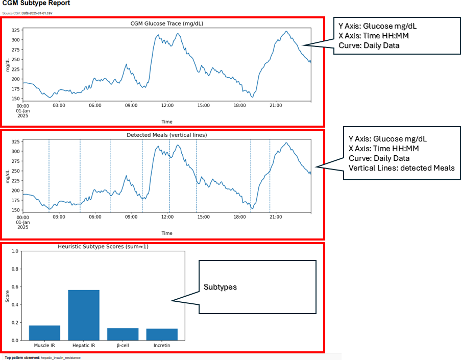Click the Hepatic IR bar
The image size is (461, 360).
(84, 315)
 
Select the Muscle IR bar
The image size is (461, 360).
(45, 332)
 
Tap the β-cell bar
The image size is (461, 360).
(123, 334)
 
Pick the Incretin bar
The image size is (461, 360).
(162, 334)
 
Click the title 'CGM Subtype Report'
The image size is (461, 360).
(36, 4)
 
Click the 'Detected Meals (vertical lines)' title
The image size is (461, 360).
(166, 135)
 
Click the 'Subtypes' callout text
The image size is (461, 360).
(221, 287)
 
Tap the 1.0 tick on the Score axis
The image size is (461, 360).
(15, 251)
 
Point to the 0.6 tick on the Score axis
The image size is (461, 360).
(15, 287)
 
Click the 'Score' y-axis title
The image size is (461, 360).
(7, 296)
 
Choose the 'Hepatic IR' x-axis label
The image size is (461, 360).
(84, 346)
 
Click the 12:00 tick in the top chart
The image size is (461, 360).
(167, 105)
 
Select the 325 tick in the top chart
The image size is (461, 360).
(16, 30)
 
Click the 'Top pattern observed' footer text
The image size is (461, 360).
(42, 357)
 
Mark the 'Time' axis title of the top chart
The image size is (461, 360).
(167, 122)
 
